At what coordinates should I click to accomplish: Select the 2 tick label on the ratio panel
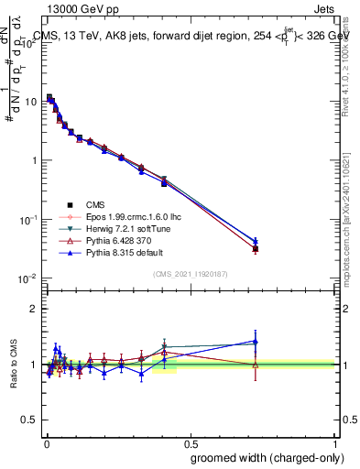point(36,309)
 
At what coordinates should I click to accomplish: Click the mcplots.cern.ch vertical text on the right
point(349,229)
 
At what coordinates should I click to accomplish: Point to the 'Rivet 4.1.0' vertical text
point(349,64)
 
